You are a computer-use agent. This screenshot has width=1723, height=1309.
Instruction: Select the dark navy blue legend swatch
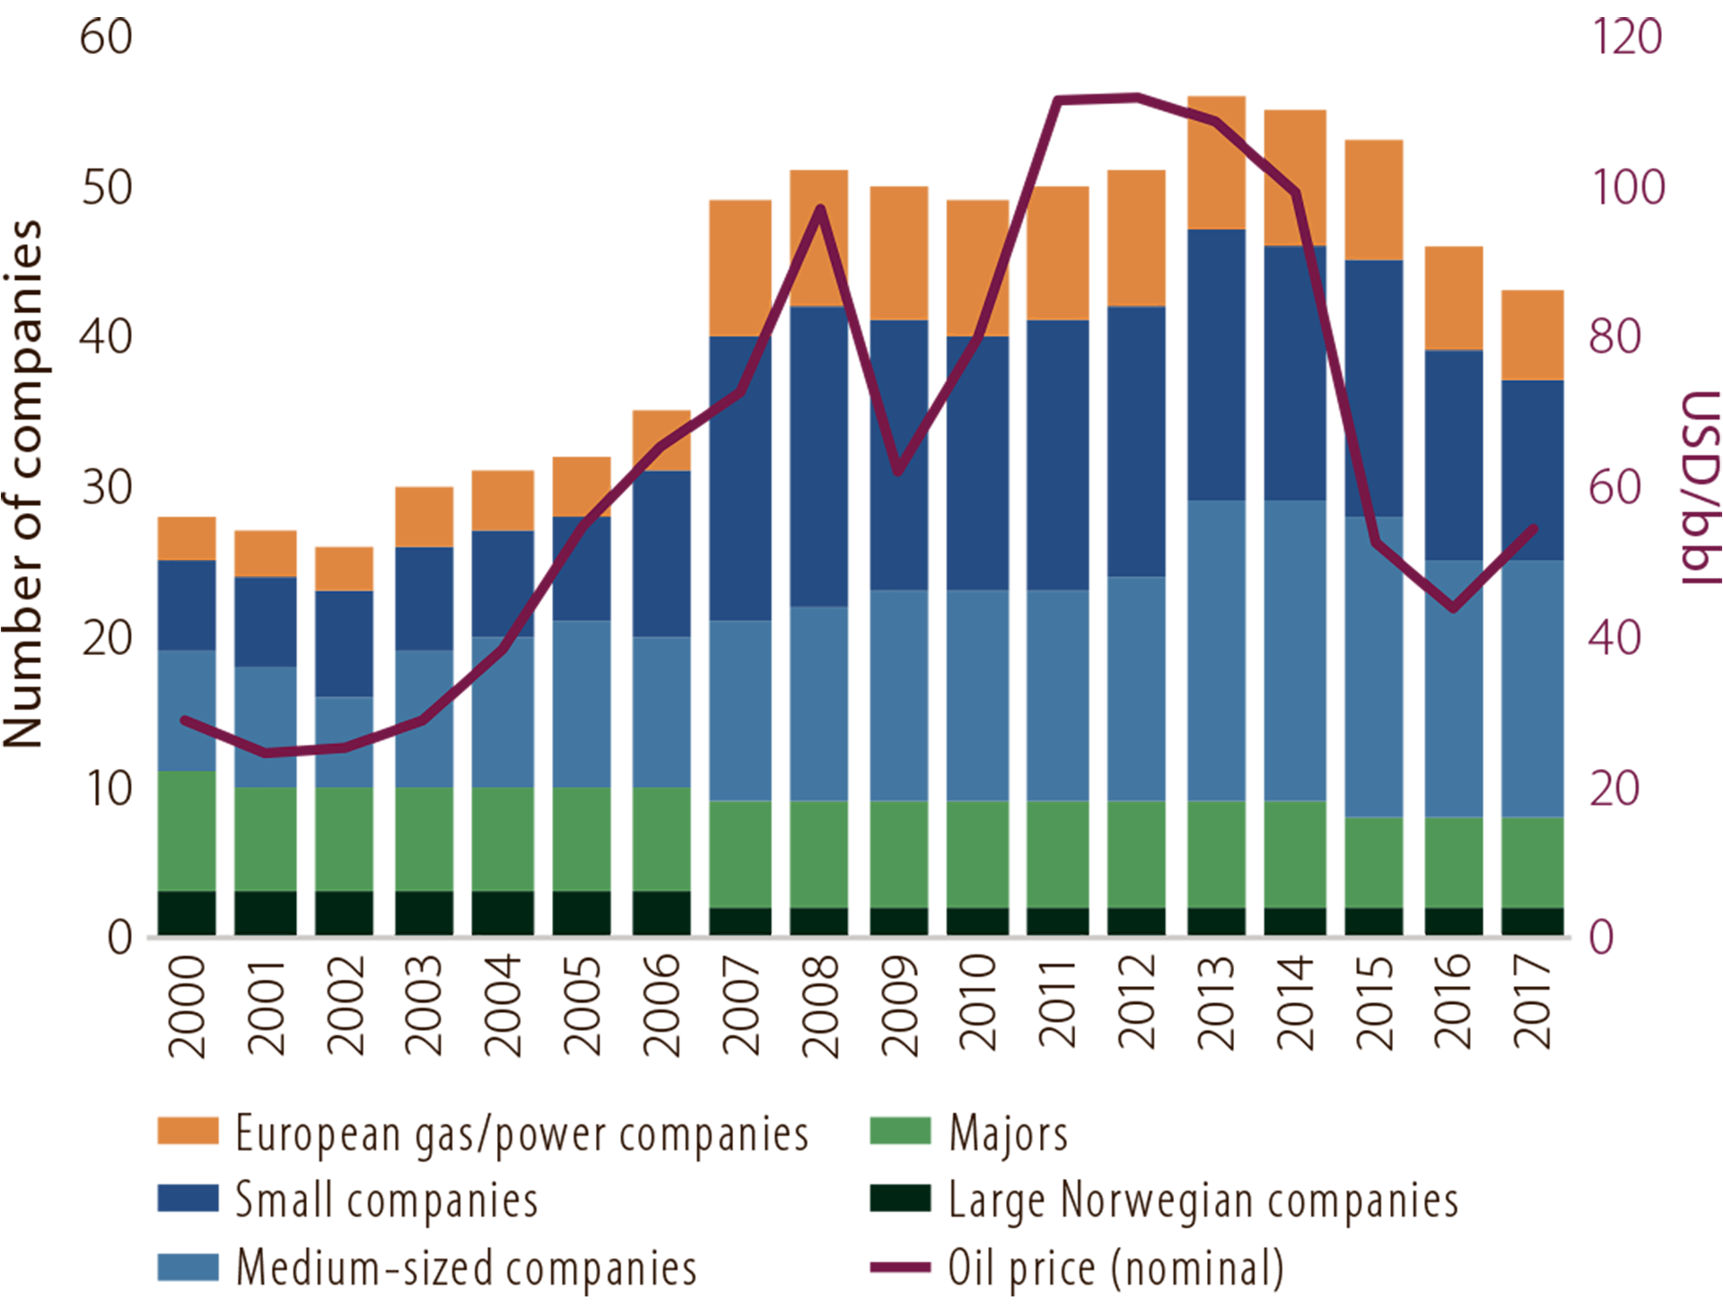pyautogui.click(x=112, y=1198)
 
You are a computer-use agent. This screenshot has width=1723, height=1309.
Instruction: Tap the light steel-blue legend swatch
pyautogui.click(x=112, y=1261)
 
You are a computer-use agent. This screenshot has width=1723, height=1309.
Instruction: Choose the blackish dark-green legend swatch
pyautogui.click(x=875, y=1202)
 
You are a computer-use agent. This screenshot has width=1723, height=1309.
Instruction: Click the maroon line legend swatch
pyautogui.click(x=861, y=1265)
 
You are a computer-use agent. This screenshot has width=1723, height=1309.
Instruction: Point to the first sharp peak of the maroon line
pyautogui.click(x=819, y=209)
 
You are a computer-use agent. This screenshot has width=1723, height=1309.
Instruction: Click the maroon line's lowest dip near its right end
pyautogui.click(x=1453, y=609)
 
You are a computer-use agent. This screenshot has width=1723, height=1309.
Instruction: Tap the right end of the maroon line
pyautogui.click(x=1535, y=528)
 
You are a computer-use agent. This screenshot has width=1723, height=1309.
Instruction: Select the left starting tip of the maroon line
pyautogui.click(x=184, y=720)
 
